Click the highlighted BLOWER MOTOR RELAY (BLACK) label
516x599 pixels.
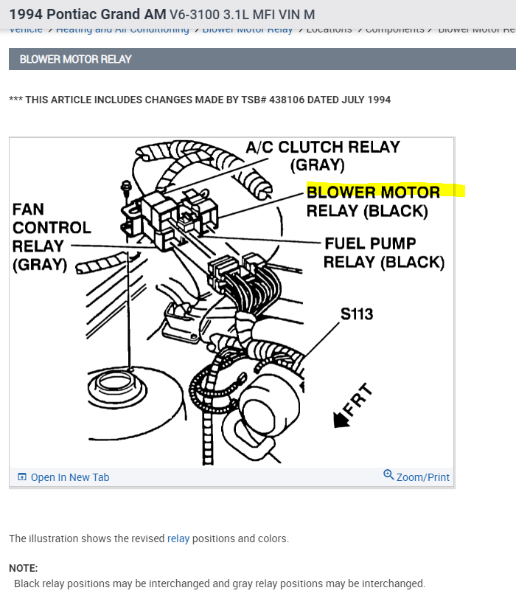pyautogui.click(x=373, y=201)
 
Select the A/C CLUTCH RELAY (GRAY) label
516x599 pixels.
pyautogui.click(x=322, y=156)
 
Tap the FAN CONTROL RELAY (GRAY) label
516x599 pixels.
pyautogui.click(x=51, y=237)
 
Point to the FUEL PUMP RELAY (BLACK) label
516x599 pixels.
pyautogui.click(x=384, y=252)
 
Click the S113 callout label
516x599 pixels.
pyautogui.click(x=357, y=314)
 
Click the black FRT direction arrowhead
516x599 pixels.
pyautogui.click(x=341, y=420)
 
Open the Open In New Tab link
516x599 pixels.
pyautogui.click(x=69, y=477)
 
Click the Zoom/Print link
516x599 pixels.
pyautogui.click(x=422, y=477)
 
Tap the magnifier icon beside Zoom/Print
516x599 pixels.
pyautogui.click(x=388, y=475)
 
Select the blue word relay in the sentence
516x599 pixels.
pyautogui.click(x=178, y=539)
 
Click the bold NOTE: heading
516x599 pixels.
pyautogui.click(x=23, y=568)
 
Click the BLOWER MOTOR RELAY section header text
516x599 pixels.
pyautogui.click(x=75, y=59)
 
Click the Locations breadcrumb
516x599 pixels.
pyautogui.click(x=329, y=30)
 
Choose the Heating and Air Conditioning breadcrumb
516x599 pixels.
pyautogui.click(x=122, y=30)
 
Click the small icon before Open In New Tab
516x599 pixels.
pyautogui.click(x=21, y=477)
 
